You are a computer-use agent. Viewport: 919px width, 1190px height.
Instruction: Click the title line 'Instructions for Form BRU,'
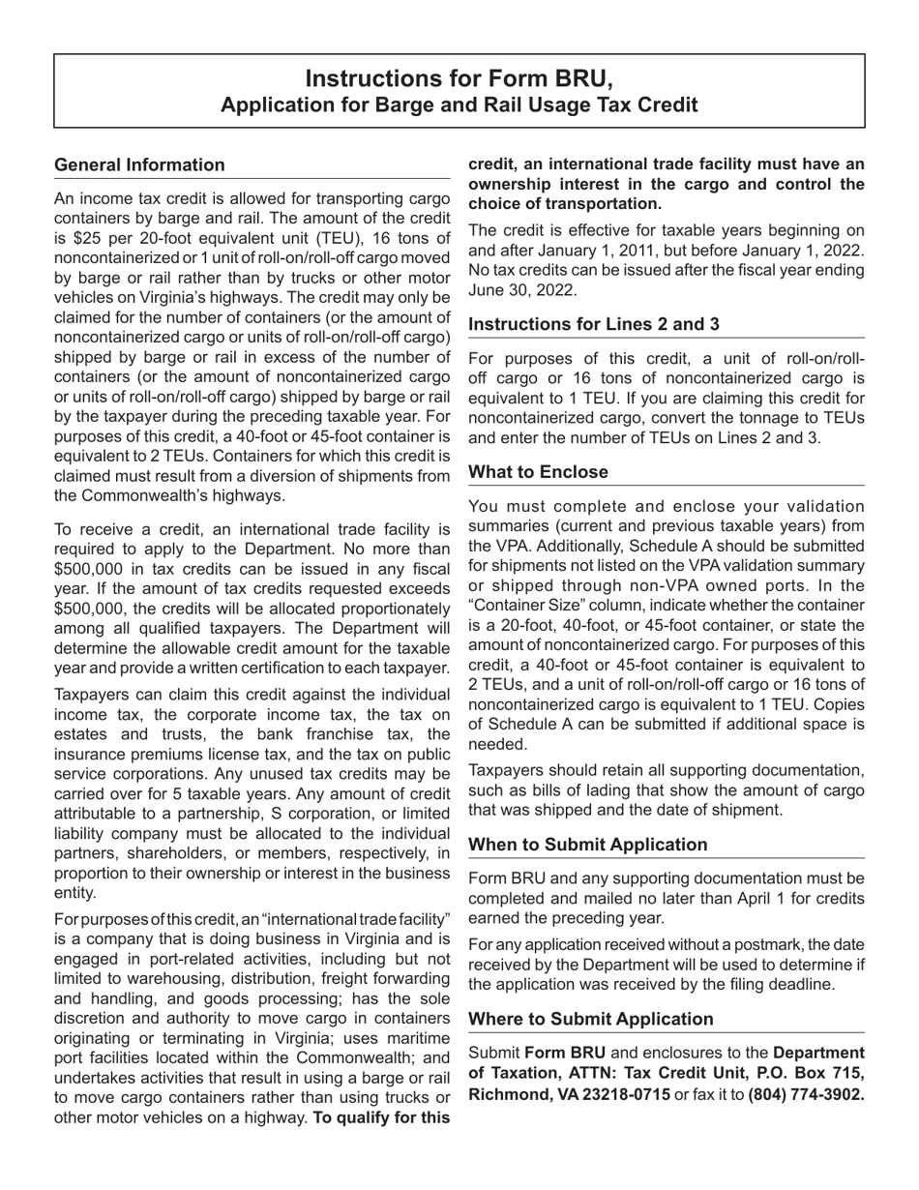(x=459, y=78)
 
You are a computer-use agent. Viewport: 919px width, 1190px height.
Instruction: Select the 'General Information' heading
(x=139, y=165)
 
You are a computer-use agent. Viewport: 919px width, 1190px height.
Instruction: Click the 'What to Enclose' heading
(x=538, y=472)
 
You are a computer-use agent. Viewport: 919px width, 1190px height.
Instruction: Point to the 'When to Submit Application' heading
(x=587, y=845)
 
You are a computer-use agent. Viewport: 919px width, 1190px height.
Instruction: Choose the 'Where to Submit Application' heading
(x=590, y=1019)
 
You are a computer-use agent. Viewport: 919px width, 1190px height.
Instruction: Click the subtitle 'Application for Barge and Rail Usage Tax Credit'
(x=459, y=104)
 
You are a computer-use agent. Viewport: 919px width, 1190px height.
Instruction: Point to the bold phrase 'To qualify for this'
(x=381, y=1117)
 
